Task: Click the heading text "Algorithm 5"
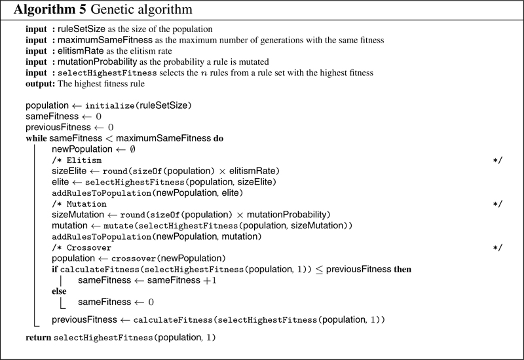[50, 9]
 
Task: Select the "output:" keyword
[40, 84]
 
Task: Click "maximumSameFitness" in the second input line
[105, 40]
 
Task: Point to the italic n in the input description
[204, 73]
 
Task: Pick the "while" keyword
[36, 138]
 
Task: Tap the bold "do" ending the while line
[218, 138]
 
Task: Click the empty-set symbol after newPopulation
[132, 149]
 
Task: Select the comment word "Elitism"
[84, 160]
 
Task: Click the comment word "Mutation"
[86, 204]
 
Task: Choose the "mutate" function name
[119, 226]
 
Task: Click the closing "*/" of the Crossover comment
[498, 248]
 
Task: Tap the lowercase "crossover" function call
[134, 259]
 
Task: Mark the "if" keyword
[54, 270]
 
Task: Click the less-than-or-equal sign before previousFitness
[319, 270]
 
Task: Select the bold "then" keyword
[402, 270]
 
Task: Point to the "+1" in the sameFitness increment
[210, 281]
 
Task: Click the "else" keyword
[59, 291]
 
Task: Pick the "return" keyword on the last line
[38, 338]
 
